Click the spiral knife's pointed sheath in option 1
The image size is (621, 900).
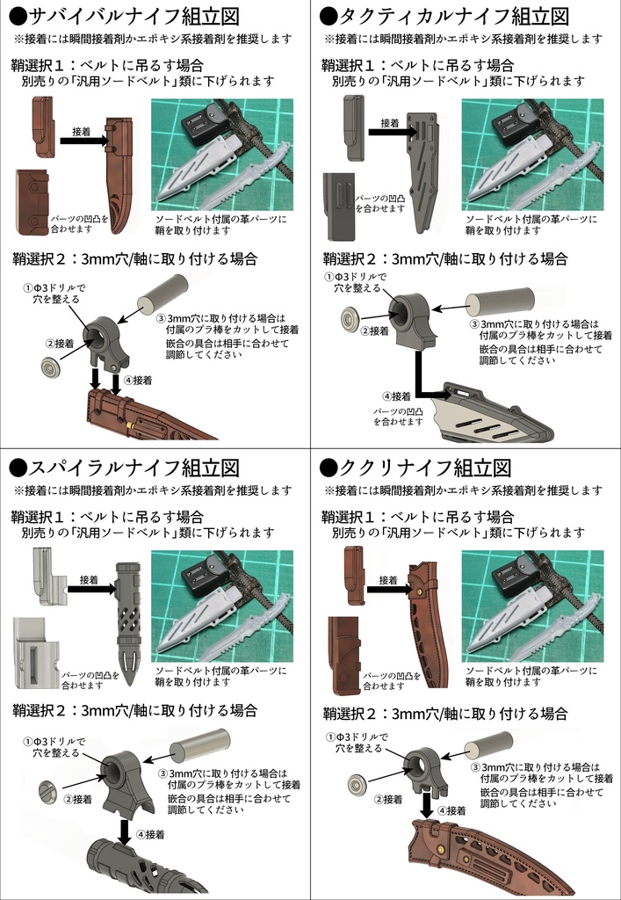[x=128, y=615]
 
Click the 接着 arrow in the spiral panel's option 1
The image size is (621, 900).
[x=91, y=591]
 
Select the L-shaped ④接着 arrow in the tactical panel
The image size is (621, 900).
[x=425, y=378]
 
